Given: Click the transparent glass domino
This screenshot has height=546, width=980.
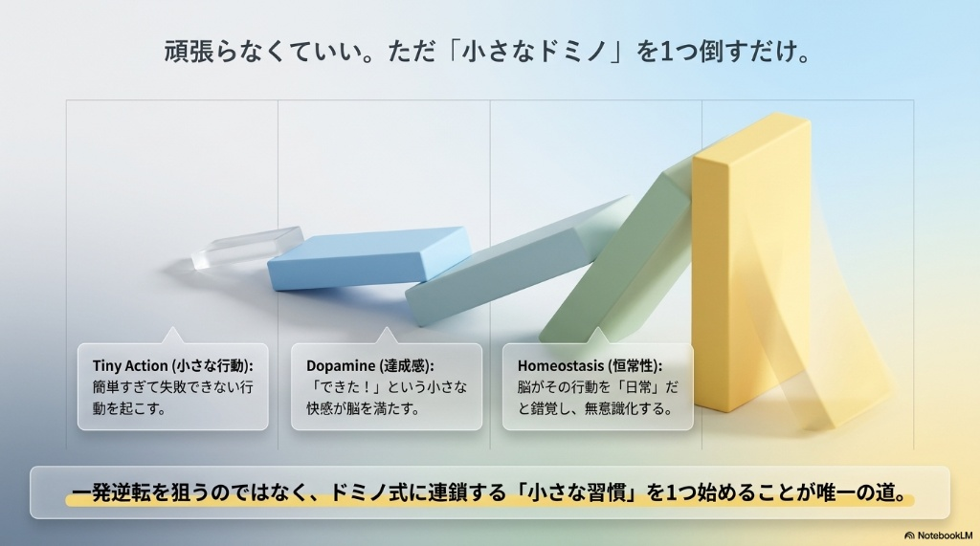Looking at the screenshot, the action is [247, 248].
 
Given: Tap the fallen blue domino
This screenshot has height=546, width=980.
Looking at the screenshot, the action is [368, 258].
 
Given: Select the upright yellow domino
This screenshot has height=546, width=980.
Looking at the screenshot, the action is [750, 262].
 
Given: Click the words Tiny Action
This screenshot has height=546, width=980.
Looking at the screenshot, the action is [130, 365].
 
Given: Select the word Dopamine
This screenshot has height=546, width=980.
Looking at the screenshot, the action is [341, 366].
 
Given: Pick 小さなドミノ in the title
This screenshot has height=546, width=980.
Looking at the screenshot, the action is [534, 52].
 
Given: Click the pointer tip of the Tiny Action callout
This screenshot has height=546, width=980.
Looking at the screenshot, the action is [172, 327].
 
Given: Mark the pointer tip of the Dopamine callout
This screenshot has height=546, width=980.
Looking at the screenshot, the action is [387, 327].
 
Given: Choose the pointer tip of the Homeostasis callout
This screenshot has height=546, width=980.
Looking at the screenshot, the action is [597, 327].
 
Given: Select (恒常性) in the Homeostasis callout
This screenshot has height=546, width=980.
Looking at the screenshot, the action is [634, 365].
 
